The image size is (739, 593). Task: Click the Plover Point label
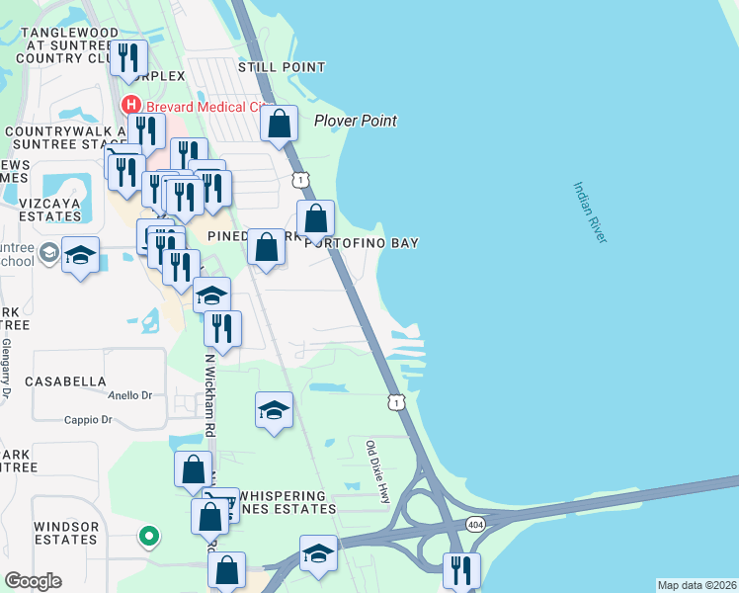tap(355, 121)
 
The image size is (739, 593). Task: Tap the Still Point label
tap(282, 67)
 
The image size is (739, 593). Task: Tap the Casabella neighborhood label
tap(65, 381)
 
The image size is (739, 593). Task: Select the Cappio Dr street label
tap(89, 420)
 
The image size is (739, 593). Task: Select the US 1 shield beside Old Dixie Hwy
tap(395, 402)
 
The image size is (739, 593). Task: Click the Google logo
tap(33, 581)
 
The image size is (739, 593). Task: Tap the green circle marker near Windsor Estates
tap(148, 538)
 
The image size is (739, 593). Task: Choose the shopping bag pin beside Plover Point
tap(280, 126)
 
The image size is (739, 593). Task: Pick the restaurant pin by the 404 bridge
tap(461, 571)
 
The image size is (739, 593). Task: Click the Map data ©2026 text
tap(697, 585)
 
